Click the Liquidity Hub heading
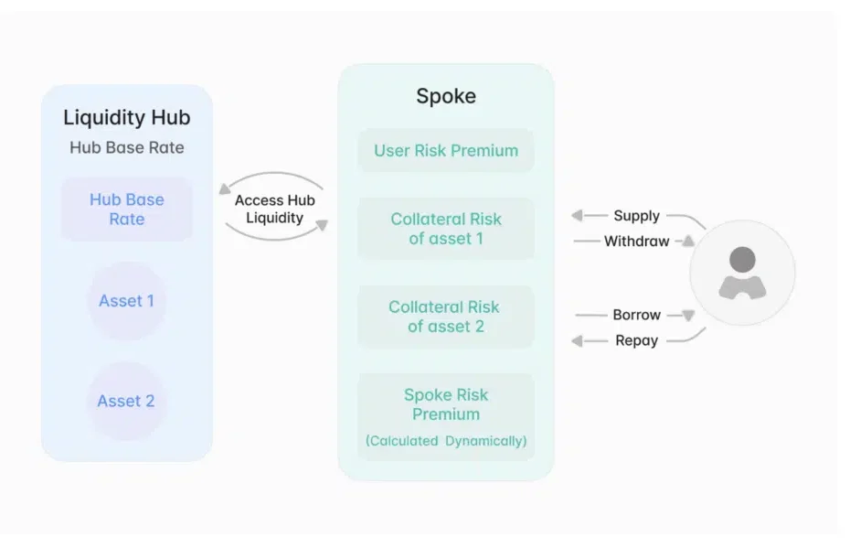click(x=126, y=118)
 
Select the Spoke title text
click(x=446, y=96)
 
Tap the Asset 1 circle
click(x=126, y=301)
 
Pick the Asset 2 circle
click(x=126, y=401)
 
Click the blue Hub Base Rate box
click(x=126, y=210)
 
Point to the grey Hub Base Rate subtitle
click(x=126, y=147)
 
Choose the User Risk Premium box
click(x=446, y=151)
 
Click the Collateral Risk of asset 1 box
click(x=446, y=229)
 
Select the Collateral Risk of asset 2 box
click(x=446, y=317)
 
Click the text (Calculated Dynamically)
click(x=446, y=441)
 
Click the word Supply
click(x=636, y=216)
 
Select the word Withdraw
click(x=636, y=242)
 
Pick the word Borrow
click(x=636, y=315)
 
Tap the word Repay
click(x=636, y=340)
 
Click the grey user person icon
click(x=742, y=273)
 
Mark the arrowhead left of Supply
click(x=577, y=216)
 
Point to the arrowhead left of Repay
click(x=577, y=340)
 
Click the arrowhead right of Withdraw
click(x=688, y=241)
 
